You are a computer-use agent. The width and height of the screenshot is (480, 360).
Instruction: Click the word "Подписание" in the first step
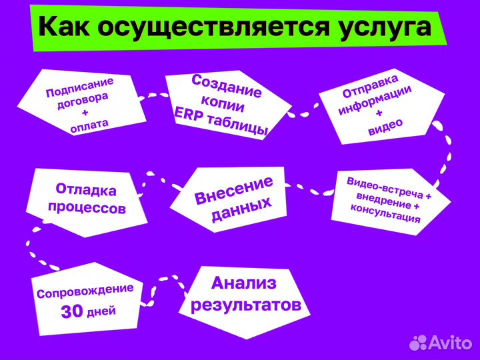[79, 89]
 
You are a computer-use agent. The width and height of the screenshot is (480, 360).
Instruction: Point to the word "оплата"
[89, 123]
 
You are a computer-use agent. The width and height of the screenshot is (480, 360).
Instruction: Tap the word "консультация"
[385, 214]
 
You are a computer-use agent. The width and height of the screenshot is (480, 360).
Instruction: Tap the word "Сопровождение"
[85, 291]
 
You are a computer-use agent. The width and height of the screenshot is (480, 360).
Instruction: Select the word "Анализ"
[243, 283]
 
